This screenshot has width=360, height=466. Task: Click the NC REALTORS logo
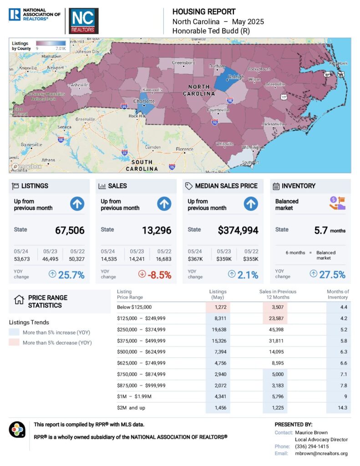point(83,21)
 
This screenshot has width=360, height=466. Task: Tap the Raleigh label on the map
point(237,77)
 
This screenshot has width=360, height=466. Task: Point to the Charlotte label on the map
point(144,101)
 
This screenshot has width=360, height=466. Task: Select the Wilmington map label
point(253,148)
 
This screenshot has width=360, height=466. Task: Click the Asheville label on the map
point(78,85)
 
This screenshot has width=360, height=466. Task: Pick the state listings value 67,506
point(70,230)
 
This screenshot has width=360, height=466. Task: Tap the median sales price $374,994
point(238,230)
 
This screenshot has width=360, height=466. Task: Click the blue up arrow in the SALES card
point(164,204)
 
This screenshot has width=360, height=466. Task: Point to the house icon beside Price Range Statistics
point(19,300)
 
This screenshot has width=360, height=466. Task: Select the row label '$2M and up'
point(130,408)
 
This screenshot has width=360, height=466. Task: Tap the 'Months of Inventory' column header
point(338,294)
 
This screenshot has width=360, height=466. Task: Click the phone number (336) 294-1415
point(312,446)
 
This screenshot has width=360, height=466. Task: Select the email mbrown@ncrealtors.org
point(321,453)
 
